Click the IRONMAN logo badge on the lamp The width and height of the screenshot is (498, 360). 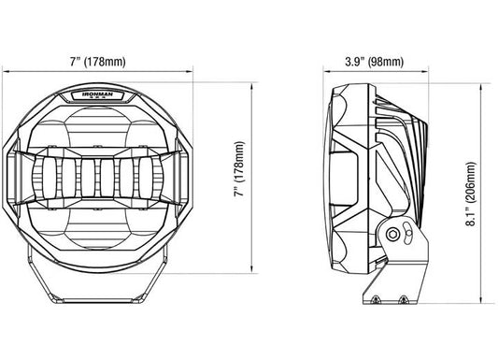[97, 95]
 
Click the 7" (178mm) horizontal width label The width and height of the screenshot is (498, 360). [98, 61]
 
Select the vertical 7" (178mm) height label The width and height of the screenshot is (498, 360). [240, 169]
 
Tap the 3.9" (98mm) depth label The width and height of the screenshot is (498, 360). [375, 62]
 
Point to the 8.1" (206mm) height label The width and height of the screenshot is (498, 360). [471, 194]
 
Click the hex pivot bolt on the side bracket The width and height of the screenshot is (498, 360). [391, 235]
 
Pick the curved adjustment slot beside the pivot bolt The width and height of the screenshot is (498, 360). [407, 233]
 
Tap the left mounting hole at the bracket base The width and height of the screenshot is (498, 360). [376, 299]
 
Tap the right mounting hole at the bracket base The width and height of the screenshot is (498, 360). [403, 299]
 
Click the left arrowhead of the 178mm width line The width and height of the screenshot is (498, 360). [5, 71]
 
